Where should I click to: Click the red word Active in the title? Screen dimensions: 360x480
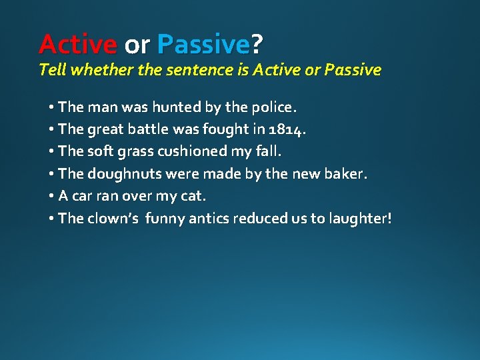point(77,45)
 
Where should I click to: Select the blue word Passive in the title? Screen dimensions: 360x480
point(203,45)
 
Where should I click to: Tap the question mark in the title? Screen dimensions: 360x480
point(257,45)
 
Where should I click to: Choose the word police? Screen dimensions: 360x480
point(273,107)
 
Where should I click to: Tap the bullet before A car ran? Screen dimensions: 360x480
point(51,196)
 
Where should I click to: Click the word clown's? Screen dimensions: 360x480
point(113,218)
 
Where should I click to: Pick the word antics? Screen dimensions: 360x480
point(209,218)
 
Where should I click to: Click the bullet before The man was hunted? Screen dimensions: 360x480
point(51,107)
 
